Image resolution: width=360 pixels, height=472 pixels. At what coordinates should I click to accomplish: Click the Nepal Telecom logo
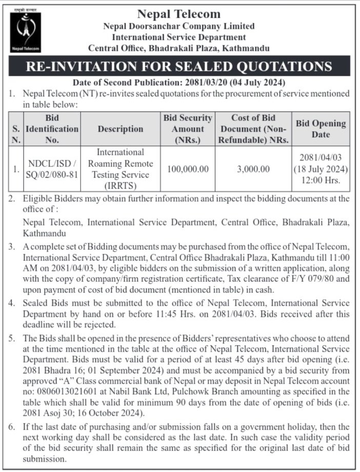[x=25, y=31]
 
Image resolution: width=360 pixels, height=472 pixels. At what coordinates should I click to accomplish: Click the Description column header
[x=121, y=129]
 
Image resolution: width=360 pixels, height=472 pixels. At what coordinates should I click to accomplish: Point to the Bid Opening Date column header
[x=321, y=129]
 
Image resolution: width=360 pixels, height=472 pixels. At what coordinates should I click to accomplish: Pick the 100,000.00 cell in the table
[x=188, y=169]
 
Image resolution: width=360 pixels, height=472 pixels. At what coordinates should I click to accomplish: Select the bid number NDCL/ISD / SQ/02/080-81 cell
[x=52, y=169]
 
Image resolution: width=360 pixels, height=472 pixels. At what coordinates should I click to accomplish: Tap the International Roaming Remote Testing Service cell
[x=121, y=169]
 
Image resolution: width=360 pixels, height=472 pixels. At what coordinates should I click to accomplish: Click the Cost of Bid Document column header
[x=253, y=129]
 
